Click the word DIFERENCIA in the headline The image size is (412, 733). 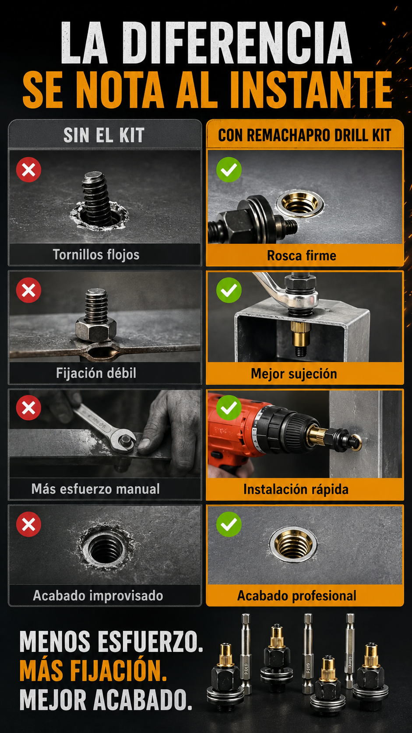pyautogui.click(x=237, y=43)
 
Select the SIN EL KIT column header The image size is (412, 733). pyautogui.click(x=104, y=135)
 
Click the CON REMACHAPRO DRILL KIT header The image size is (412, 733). pyautogui.click(x=304, y=135)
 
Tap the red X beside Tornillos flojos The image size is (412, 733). pyautogui.click(x=29, y=170)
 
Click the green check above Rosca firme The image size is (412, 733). pyautogui.click(x=229, y=170)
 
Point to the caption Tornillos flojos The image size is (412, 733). pyautogui.click(x=96, y=255)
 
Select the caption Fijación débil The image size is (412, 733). pyautogui.click(x=96, y=373)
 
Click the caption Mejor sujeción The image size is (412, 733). pyautogui.click(x=294, y=374)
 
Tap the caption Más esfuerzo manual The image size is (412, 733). pyautogui.click(x=95, y=489)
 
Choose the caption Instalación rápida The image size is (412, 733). pyautogui.click(x=296, y=490)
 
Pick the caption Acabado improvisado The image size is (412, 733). pyautogui.click(x=98, y=595)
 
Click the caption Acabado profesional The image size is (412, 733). pyautogui.click(x=297, y=596)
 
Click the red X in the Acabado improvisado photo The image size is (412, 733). pyautogui.click(x=29, y=524)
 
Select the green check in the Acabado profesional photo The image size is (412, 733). pyautogui.click(x=229, y=524)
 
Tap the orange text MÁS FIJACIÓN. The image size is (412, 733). pyautogui.click(x=93, y=670)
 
